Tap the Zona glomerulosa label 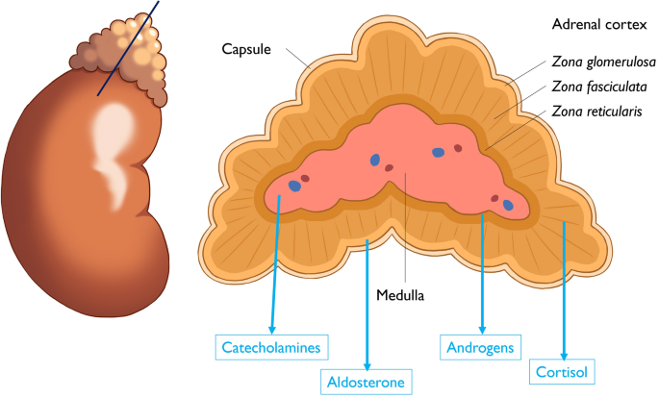[604, 62]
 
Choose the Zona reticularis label [598, 112]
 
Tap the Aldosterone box [367, 382]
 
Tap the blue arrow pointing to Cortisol [564, 288]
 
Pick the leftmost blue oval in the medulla [295, 187]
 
